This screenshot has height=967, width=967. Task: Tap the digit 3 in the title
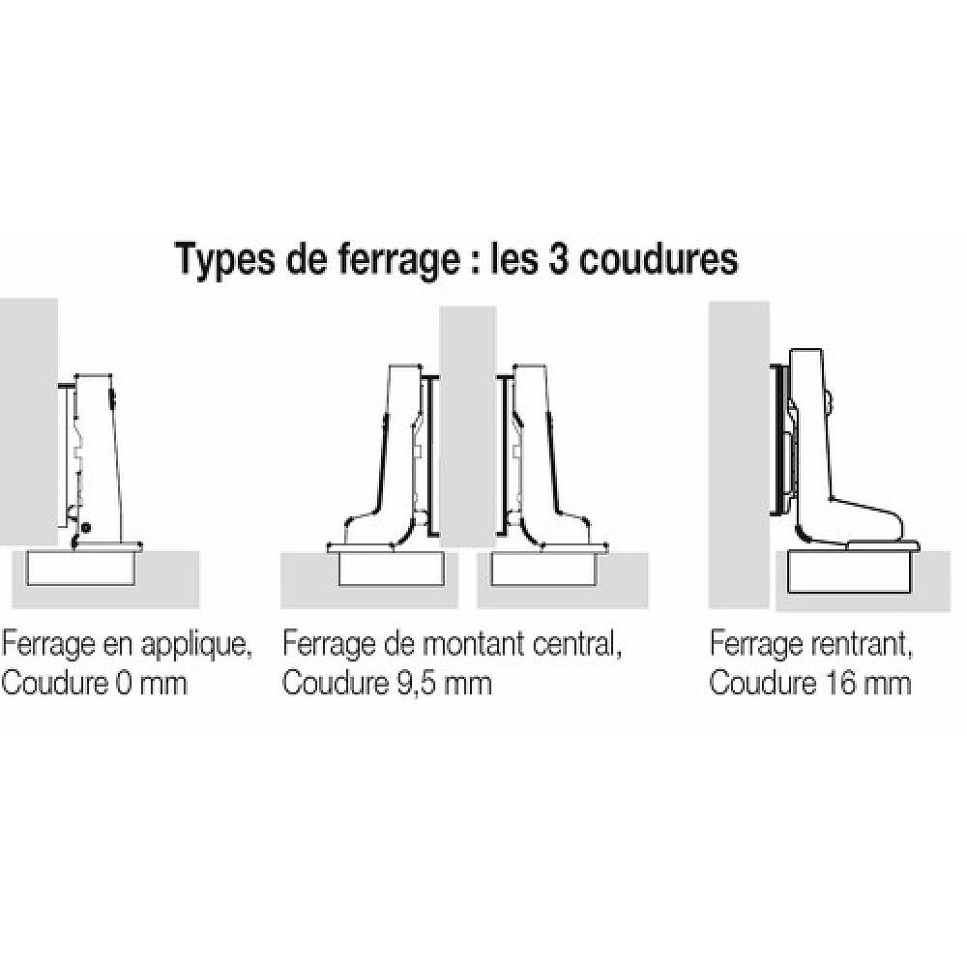(x=558, y=259)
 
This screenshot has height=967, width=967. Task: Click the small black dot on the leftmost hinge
(x=86, y=527)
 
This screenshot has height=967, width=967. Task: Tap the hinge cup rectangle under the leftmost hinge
(x=81, y=567)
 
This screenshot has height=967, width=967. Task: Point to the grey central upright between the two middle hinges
(x=467, y=426)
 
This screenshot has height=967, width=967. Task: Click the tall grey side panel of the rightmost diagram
(x=739, y=454)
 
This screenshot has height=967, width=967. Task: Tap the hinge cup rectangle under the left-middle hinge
(x=392, y=567)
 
